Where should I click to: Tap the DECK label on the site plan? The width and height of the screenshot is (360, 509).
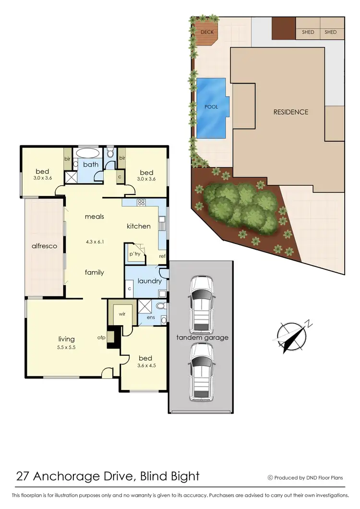click(207, 32)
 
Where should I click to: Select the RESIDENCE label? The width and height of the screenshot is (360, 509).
click(291, 112)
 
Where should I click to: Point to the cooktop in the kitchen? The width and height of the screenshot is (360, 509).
click(141, 203)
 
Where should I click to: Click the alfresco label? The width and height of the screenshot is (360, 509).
click(44, 246)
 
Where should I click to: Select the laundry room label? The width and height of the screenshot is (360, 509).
click(149, 281)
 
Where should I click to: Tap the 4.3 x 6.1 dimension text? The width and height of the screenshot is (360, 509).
click(95, 242)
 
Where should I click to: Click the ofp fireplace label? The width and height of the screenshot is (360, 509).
click(101, 338)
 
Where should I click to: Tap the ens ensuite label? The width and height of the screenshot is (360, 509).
click(151, 317)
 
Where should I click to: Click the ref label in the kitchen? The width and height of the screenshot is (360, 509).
click(162, 256)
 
